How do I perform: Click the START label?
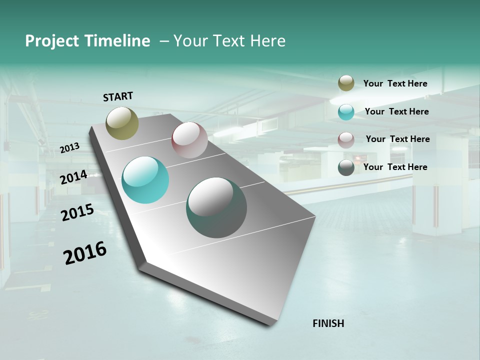click(x=118, y=96)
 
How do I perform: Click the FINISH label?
click(x=328, y=323)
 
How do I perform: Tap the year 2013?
click(x=70, y=147)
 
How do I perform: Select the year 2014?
click(x=74, y=177)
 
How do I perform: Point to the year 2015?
click(x=77, y=212)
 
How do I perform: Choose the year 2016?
click(x=85, y=253)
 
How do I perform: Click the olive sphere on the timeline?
click(x=122, y=123)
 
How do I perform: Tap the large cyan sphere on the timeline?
click(x=145, y=180)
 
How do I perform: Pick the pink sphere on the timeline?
click(x=189, y=140)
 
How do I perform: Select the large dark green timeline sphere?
click(x=216, y=207)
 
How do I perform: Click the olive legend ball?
click(x=346, y=83)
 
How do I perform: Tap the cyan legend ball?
click(x=346, y=112)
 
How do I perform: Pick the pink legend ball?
click(x=346, y=140)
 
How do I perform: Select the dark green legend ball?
click(x=346, y=167)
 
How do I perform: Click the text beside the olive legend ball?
click(x=395, y=84)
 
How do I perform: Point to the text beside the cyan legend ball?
click(x=397, y=111)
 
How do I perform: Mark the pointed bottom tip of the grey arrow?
click(x=270, y=324)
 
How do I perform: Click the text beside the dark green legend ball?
click(x=395, y=167)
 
